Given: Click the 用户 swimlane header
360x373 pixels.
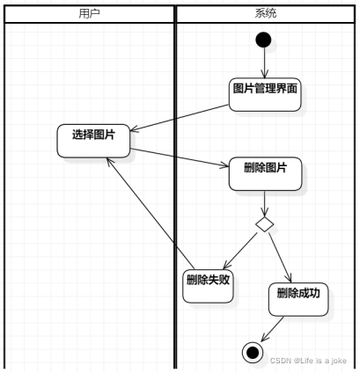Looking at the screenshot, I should point(88,13).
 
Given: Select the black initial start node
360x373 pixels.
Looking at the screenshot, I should point(263,40).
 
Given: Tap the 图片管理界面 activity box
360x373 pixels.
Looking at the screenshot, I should point(265,91).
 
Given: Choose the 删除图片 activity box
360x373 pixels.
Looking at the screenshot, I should point(266,172).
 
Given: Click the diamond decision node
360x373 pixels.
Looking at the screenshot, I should point(265,224).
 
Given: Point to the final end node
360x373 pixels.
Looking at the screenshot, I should point(253,352).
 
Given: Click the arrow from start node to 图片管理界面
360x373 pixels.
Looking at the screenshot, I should point(263,62).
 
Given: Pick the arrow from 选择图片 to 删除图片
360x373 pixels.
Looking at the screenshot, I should point(177,157).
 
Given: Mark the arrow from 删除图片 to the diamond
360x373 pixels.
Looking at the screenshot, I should point(265,201).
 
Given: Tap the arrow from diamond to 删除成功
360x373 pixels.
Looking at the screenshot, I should point(279,255).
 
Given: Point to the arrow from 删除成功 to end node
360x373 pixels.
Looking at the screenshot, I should point(273,331).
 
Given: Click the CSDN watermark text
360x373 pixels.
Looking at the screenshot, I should point(308,362).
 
